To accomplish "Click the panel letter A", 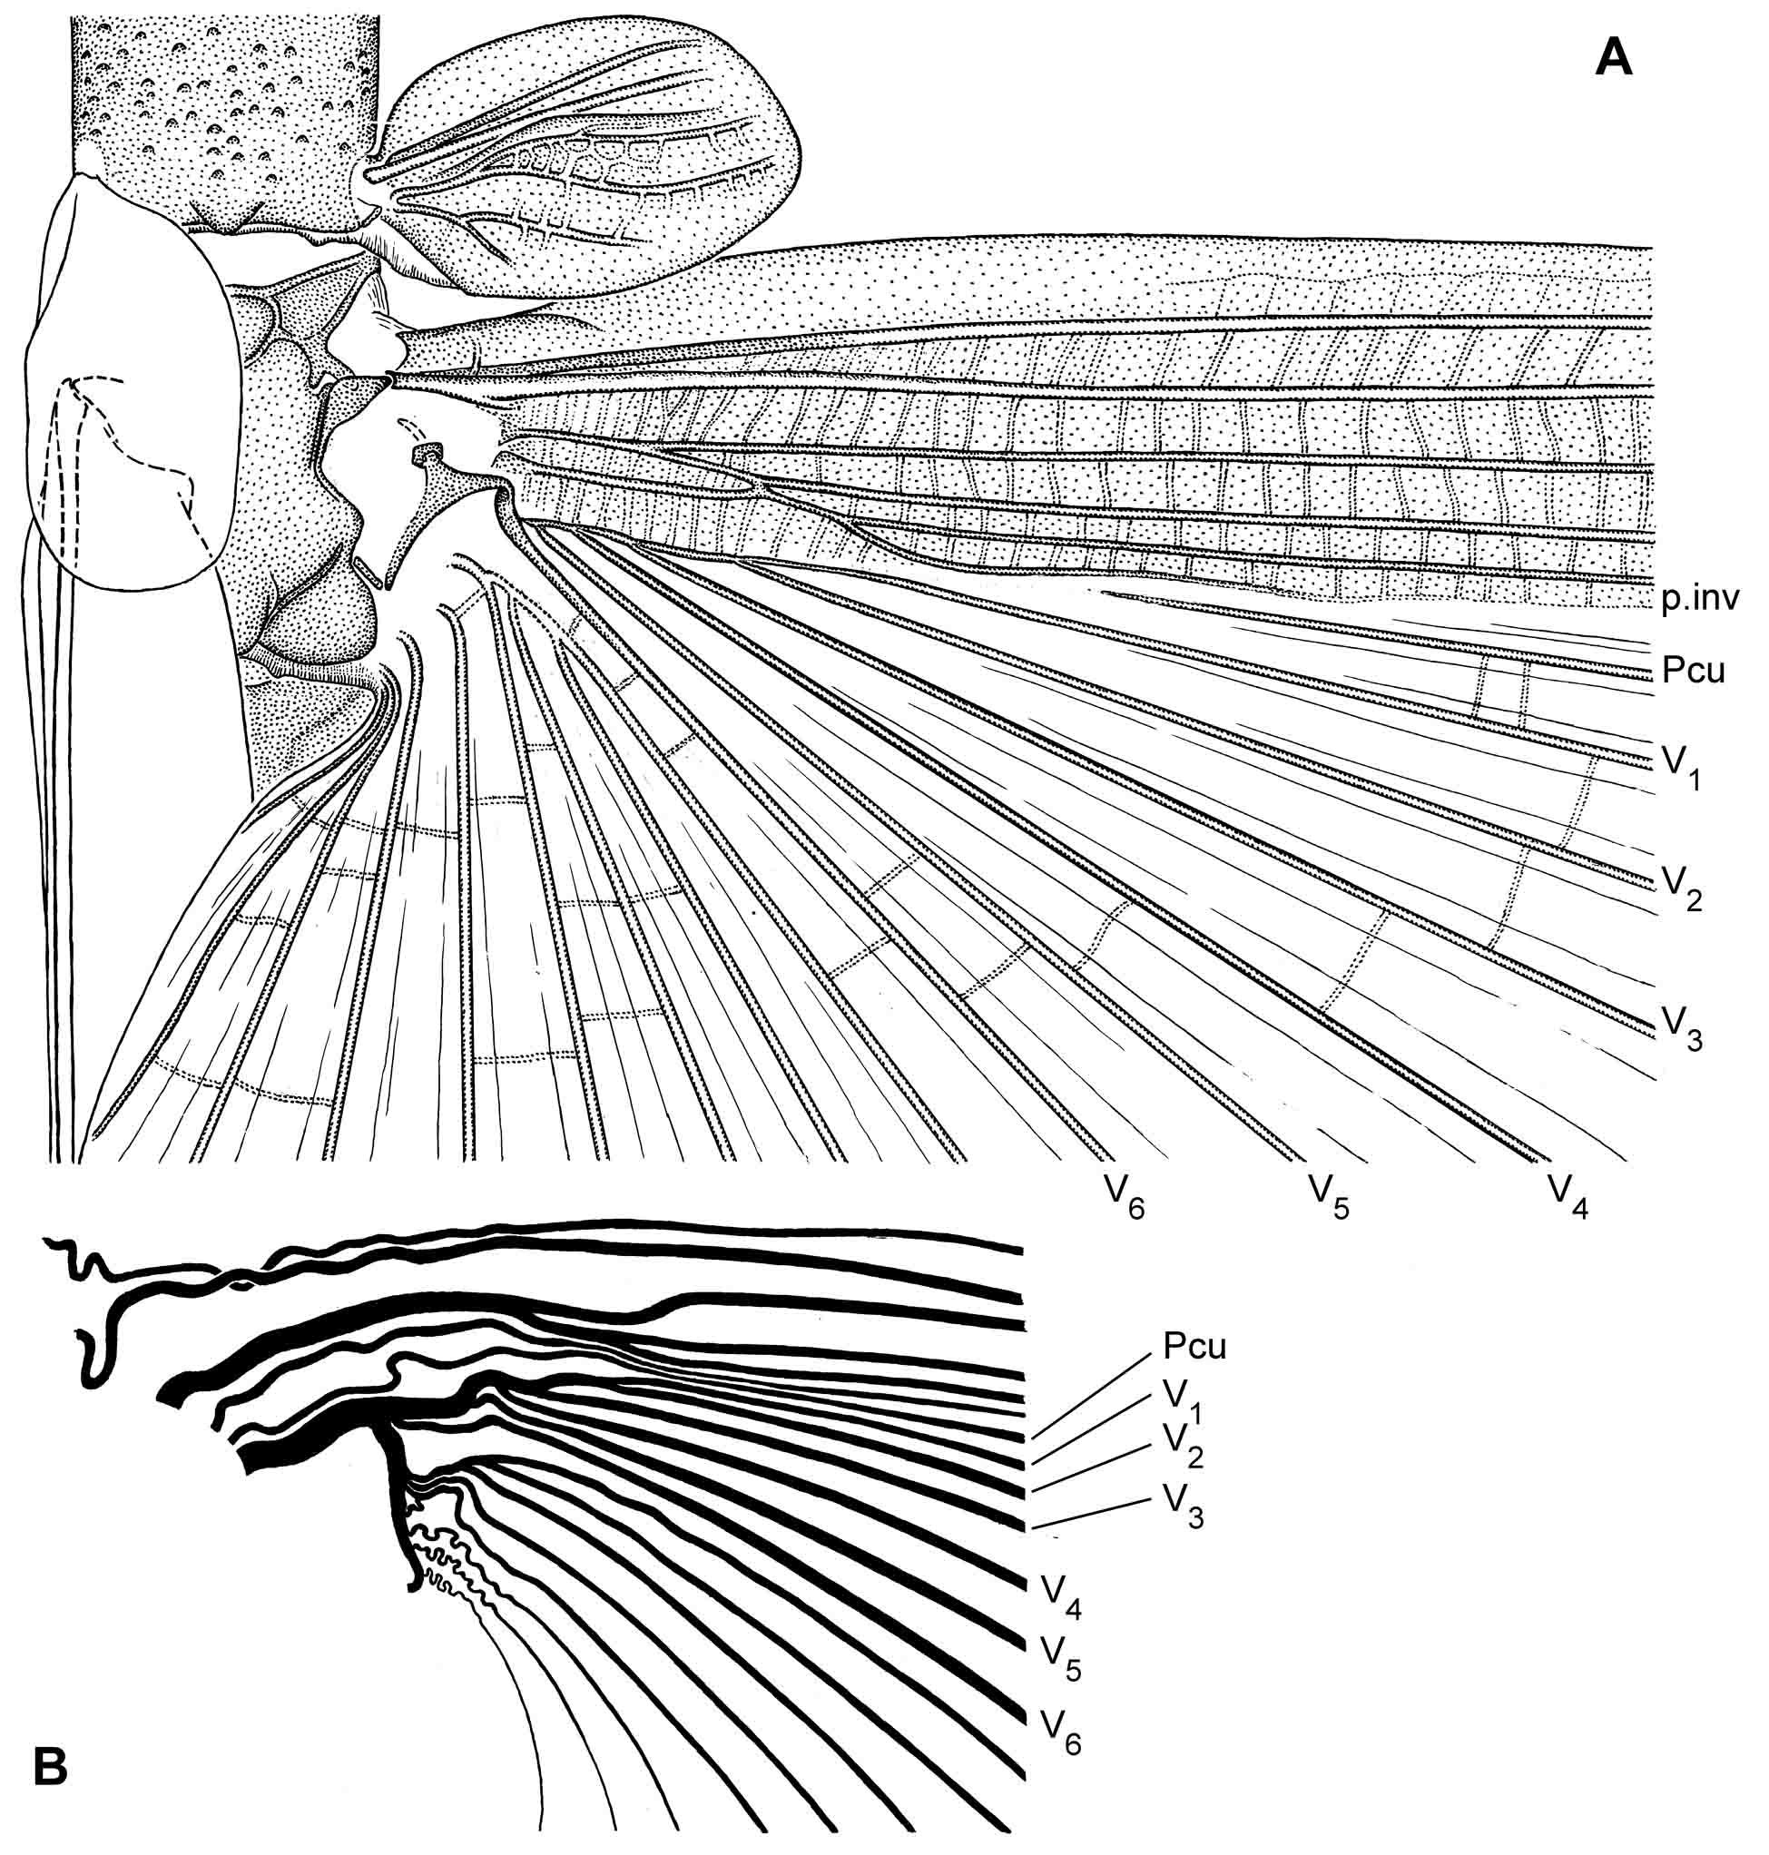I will pyautogui.click(x=1613, y=58).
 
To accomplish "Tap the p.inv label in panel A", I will pyautogui.click(x=1699, y=600).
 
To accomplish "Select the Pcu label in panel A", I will pyautogui.click(x=1694, y=672).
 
